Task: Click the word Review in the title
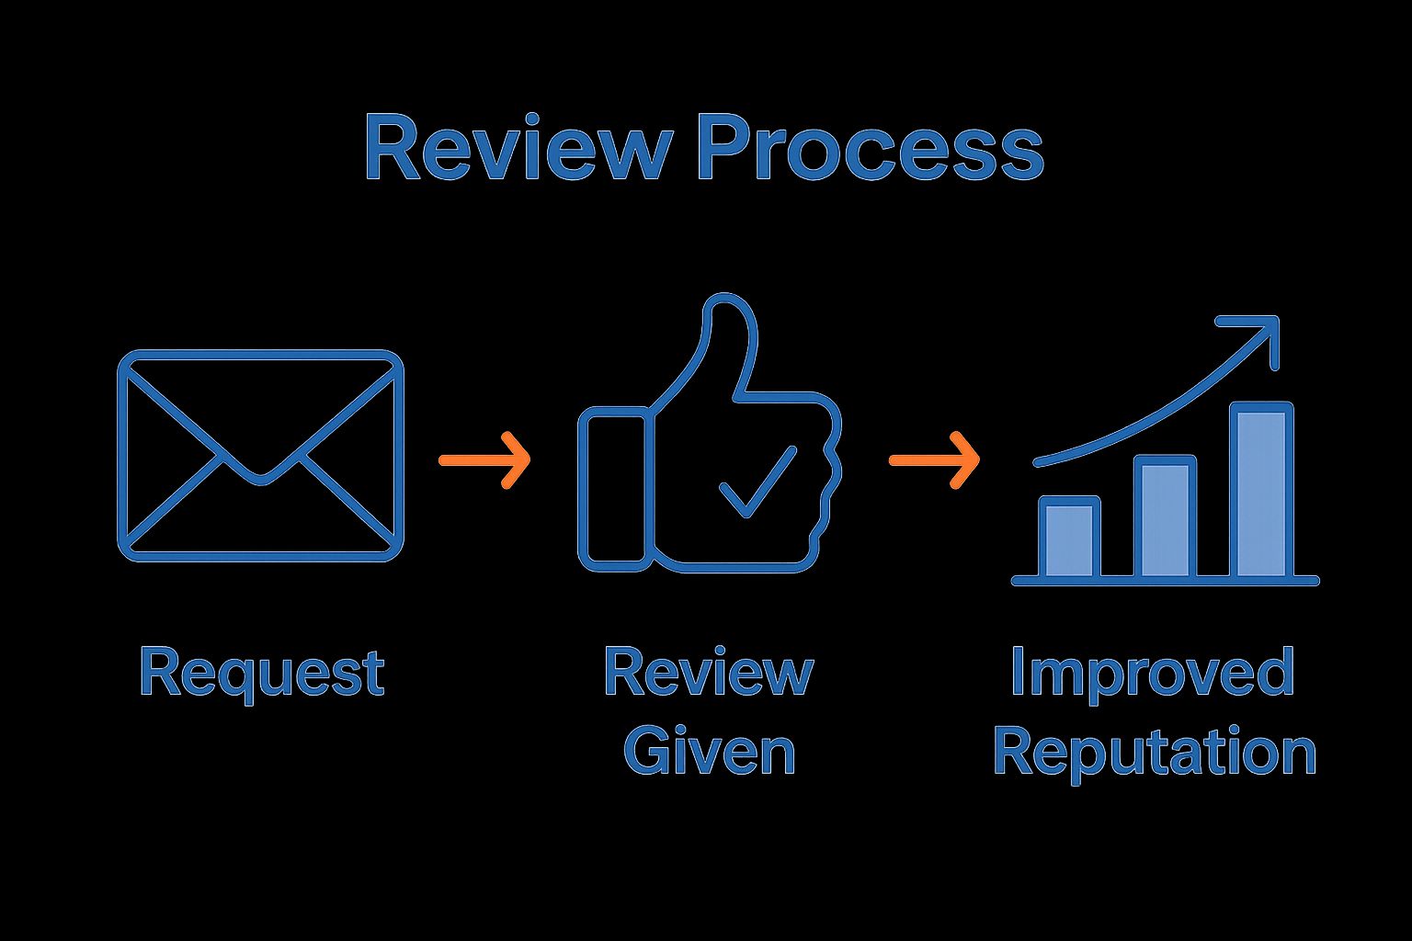(x=514, y=148)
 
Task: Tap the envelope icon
(x=260, y=456)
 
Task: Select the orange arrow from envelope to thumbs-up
(x=484, y=459)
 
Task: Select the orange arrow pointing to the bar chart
(x=934, y=459)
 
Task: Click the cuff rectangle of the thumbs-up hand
(x=612, y=488)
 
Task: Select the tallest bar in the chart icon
(x=1261, y=492)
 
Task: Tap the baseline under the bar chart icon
(x=1165, y=581)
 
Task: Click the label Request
(x=261, y=674)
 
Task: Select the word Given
(x=709, y=751)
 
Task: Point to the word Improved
(x=1152, y=674)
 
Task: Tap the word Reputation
(x=1155, y=753)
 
